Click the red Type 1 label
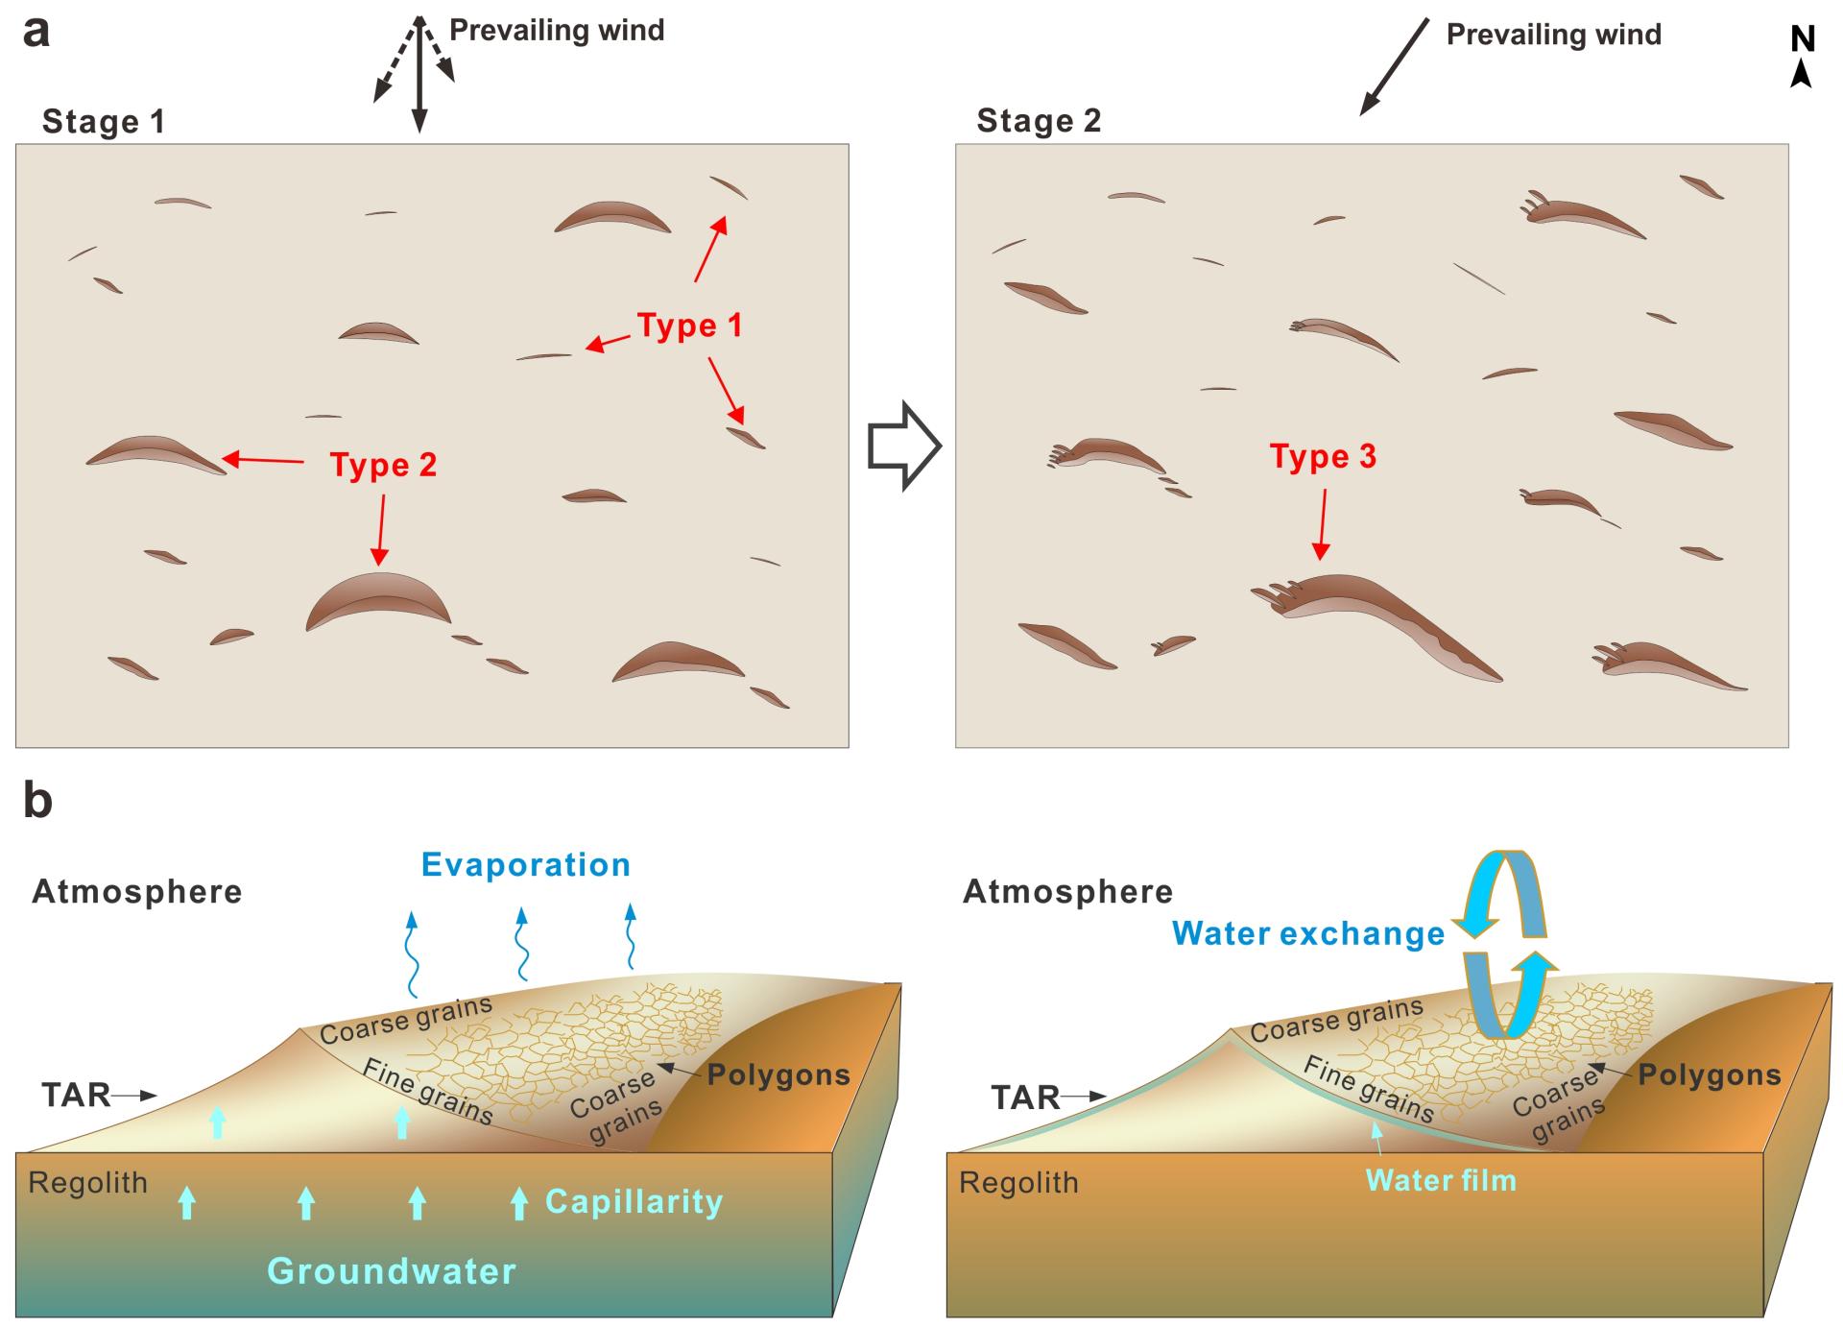(x=689, y=326)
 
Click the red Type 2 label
(x=383, y=465)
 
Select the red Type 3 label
(x=1323, y=456)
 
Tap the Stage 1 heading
(x=104, y=122)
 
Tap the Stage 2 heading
(x=1039, y=121)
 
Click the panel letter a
(x=36, y=32)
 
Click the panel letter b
(x=37, y=800)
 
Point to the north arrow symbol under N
(x=1802, y=74)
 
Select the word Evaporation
(x=526, y=864)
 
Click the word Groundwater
(x=392, y=1270)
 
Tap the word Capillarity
(x=634, y=1201)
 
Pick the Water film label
(x=1441, y=1180)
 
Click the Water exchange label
(x=1308, y=933)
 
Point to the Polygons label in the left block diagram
(x=778, y=1074)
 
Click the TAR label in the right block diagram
(x=1025, y=1097)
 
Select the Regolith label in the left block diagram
(x=88, y=1182)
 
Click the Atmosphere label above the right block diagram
(x=1067, y=892)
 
